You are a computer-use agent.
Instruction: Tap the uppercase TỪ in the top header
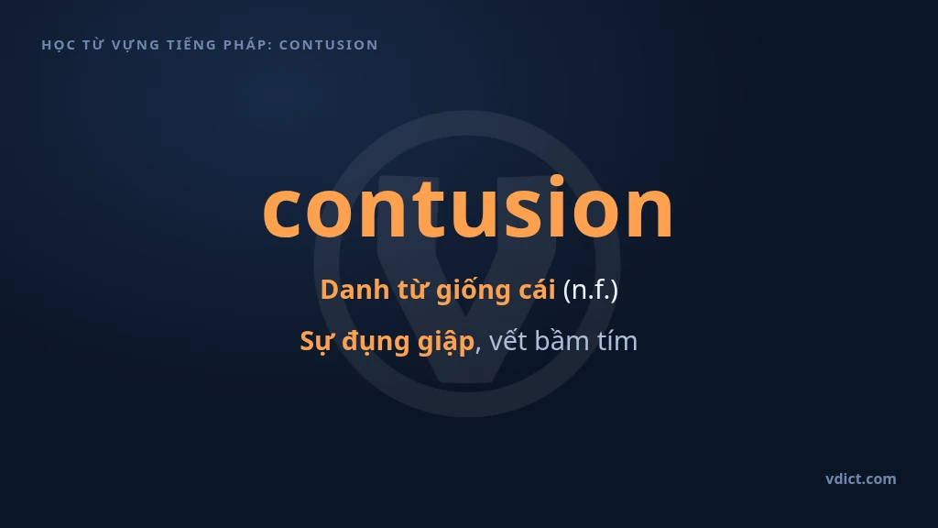(x=93, y=44)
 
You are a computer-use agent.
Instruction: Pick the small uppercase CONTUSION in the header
(x=329, y=45)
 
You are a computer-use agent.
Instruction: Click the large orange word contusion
(x=468, y=208)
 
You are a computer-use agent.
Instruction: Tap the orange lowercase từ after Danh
(x=413, y=290)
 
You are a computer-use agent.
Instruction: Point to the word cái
(x=537, y=290)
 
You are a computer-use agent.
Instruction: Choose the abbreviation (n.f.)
(x=591, y=291)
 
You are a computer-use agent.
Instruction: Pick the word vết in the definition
(x=507, y=341)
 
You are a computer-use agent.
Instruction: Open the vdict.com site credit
(x=861, y=478)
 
